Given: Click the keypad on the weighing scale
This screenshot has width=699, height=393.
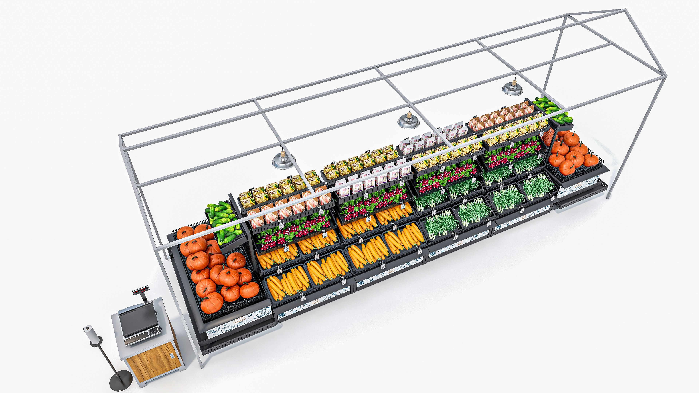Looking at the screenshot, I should [153, 331].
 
